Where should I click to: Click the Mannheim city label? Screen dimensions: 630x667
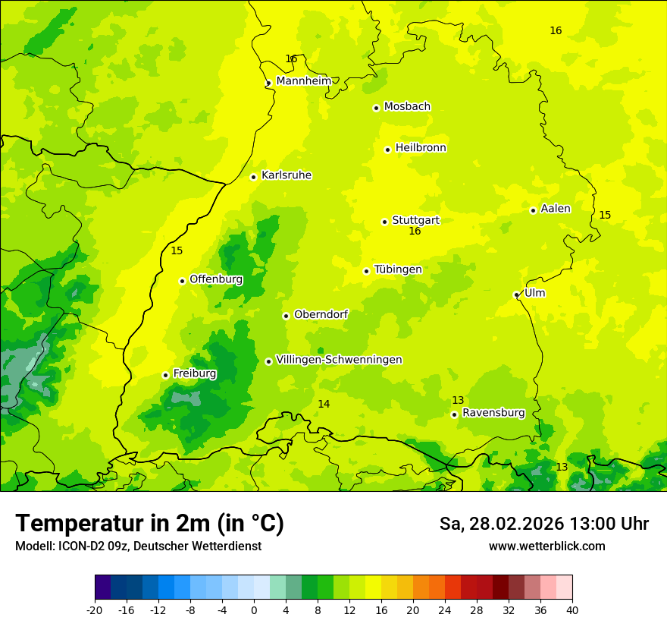click(x=303, y=81)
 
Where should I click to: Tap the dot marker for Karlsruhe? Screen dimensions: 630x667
click(x=254, y=177)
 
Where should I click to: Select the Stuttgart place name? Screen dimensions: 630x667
click(x=415, y=220)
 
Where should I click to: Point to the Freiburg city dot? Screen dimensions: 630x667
click(x=165, y=375)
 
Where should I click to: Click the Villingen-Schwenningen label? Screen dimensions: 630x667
click(x=339, y=360)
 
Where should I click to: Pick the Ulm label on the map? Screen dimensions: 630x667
click(x=534, y=293)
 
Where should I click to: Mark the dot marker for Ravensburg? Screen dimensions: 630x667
click(x=454, y=414)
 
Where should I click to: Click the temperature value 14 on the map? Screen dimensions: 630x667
click(x=324, y=404)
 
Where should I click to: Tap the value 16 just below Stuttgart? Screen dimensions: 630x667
click(x=415, y=232)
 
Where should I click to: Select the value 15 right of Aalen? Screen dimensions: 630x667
click(x=605, y=216)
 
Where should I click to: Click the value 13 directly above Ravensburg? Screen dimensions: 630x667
click(x=458, y=400)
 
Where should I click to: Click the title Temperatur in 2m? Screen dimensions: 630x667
click(x=149, y=524)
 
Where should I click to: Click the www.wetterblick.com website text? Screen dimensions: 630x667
click(x=546, y=547)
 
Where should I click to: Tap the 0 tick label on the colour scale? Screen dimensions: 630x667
click(x=254, y=610)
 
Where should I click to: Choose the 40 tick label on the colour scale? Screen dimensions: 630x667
click(x=571, y=610)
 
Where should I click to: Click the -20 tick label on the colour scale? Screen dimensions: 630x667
click(x=94, y=610)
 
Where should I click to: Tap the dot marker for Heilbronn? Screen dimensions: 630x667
click(x=387, y=150)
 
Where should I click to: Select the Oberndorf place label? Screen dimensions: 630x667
click(x=321, y=314)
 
